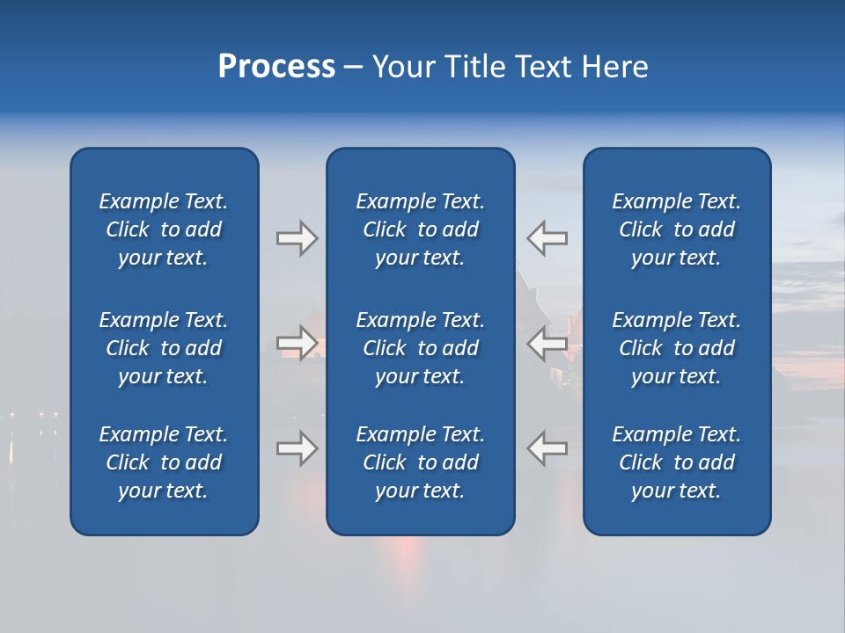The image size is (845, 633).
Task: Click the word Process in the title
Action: tap(276, 67)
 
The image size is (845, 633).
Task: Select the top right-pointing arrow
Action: tap(297, 238)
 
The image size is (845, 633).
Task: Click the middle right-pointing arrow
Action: tap(297, 343)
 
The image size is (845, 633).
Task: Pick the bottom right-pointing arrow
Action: tap(297, 448)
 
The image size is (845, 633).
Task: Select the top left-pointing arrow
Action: tap(547, 238)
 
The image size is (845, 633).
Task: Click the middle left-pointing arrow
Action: tap(547, 343)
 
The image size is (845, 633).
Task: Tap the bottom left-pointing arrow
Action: tap(547, 448)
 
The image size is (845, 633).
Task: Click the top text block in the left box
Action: tap(164, 229)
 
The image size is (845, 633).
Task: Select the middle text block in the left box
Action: tap(164, 348)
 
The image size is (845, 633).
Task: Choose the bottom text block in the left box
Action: tap(164, 462)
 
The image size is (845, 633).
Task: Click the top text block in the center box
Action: tap(420, 229)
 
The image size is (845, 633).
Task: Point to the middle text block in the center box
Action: tap(420, 348)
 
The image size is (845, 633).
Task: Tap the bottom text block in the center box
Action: tap(420, 462)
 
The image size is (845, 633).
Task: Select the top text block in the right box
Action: tap(676, 229)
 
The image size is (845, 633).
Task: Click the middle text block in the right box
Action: tap(676, 348)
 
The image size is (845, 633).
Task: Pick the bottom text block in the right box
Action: tap(676, 462)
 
